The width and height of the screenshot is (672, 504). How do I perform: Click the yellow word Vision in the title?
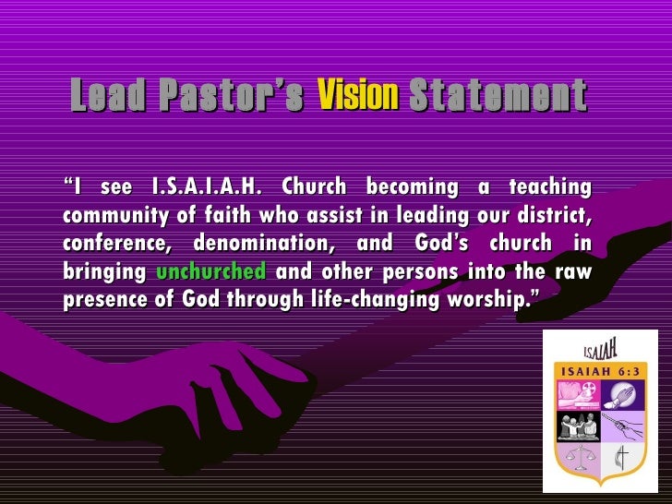point(357,95)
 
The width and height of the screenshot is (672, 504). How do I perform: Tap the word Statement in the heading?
point(497,95)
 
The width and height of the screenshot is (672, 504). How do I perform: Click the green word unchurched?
point(211,272)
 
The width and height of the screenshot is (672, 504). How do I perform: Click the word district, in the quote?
point(555,216)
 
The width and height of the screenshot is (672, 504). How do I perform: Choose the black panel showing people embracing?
point(580,426)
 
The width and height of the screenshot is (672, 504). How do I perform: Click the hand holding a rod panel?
point(623,426)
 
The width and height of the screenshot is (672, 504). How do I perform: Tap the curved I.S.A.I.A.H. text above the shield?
point(601,350)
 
